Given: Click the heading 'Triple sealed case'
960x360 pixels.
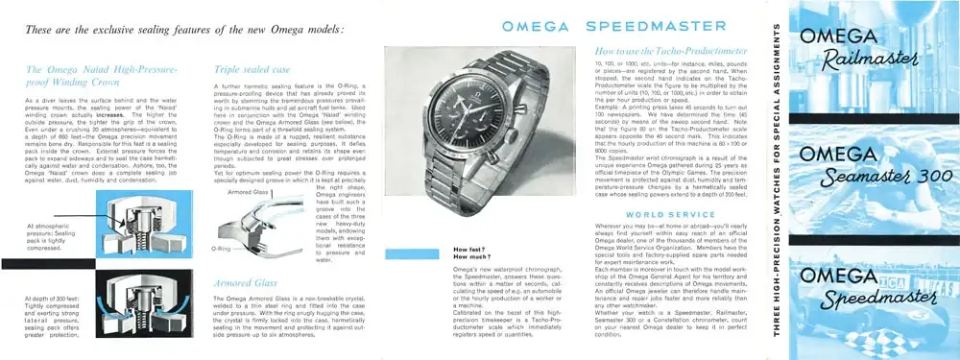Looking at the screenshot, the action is click(252, 70).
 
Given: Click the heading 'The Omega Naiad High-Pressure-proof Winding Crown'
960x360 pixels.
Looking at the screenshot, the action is click(102, 76).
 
